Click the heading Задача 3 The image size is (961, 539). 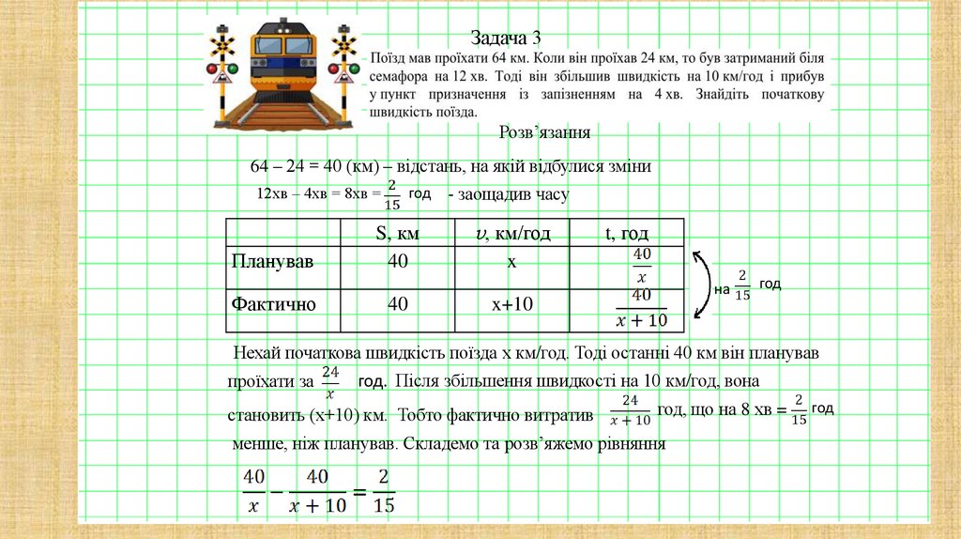click(x=507, y=38)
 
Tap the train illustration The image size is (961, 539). click(x=284, y=76)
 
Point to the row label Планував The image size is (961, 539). click(x=272, y=262)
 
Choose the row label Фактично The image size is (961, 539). click(x=273, y=304)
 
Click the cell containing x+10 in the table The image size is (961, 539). click(x=511, y=304)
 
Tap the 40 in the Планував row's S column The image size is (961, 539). click(x=397, y=262)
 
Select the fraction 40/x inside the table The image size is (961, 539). click(x=641, y=265)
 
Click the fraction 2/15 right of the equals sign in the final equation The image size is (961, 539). click(x=383, y=489)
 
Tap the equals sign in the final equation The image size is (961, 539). click(x=358, y=490)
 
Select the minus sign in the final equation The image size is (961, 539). click(x=278, y=490)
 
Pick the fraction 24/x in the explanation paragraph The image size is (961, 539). click(x=329, y=382)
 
